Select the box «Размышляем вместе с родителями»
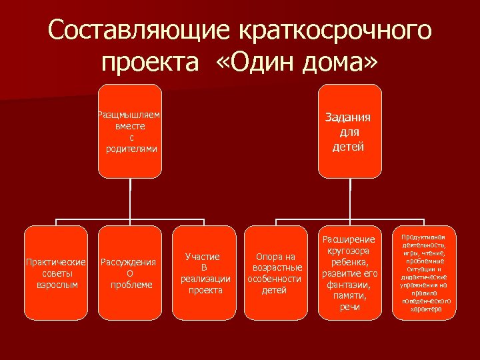pos(130,131)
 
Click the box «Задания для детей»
pos(349,131)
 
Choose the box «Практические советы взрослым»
pos(56,272)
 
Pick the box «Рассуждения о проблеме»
pos(130,272)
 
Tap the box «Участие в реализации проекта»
pos(204,272)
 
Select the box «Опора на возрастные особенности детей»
pos(276,272)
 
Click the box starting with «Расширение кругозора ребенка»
pos(349,272)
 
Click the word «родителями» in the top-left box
pos(131,149)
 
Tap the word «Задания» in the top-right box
pos(348,117)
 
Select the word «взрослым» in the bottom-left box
pos(56,285)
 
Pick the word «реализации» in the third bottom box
pos(205,279)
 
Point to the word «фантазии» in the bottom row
pos(349,285)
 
